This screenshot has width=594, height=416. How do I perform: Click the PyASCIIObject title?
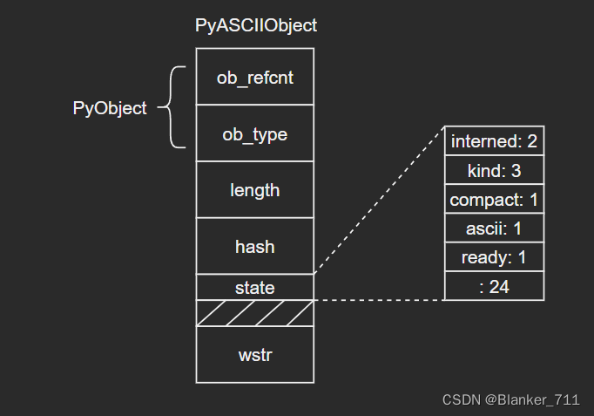coord(256,26)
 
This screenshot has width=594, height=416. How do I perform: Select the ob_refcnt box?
coord(255,76)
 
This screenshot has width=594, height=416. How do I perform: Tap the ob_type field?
coord(255,133)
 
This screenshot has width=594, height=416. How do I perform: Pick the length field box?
coord(255,189)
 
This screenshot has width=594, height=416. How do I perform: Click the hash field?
coord(255,246)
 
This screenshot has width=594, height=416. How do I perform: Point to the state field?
coord(255,287)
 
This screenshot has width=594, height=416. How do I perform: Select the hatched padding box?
coord(255,313)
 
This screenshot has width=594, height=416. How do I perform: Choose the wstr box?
coord(255,355)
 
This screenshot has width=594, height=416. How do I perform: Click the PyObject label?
coord(110,108)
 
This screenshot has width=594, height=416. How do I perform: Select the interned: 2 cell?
coord(495,140)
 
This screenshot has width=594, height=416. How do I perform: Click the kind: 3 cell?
coord(495,170)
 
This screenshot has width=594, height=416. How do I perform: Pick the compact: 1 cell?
coord(495,199)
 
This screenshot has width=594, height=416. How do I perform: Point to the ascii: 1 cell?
coord(495,228)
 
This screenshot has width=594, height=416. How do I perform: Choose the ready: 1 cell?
coord(495,257)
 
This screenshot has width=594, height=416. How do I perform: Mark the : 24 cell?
coord(495,286)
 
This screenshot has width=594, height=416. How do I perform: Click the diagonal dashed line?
coord(379,200)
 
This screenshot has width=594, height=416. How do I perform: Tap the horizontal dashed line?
coord(379,300)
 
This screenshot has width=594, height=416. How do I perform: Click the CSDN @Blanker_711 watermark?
coord(511,399)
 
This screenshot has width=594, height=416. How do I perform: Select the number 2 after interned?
coord(532,141)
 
